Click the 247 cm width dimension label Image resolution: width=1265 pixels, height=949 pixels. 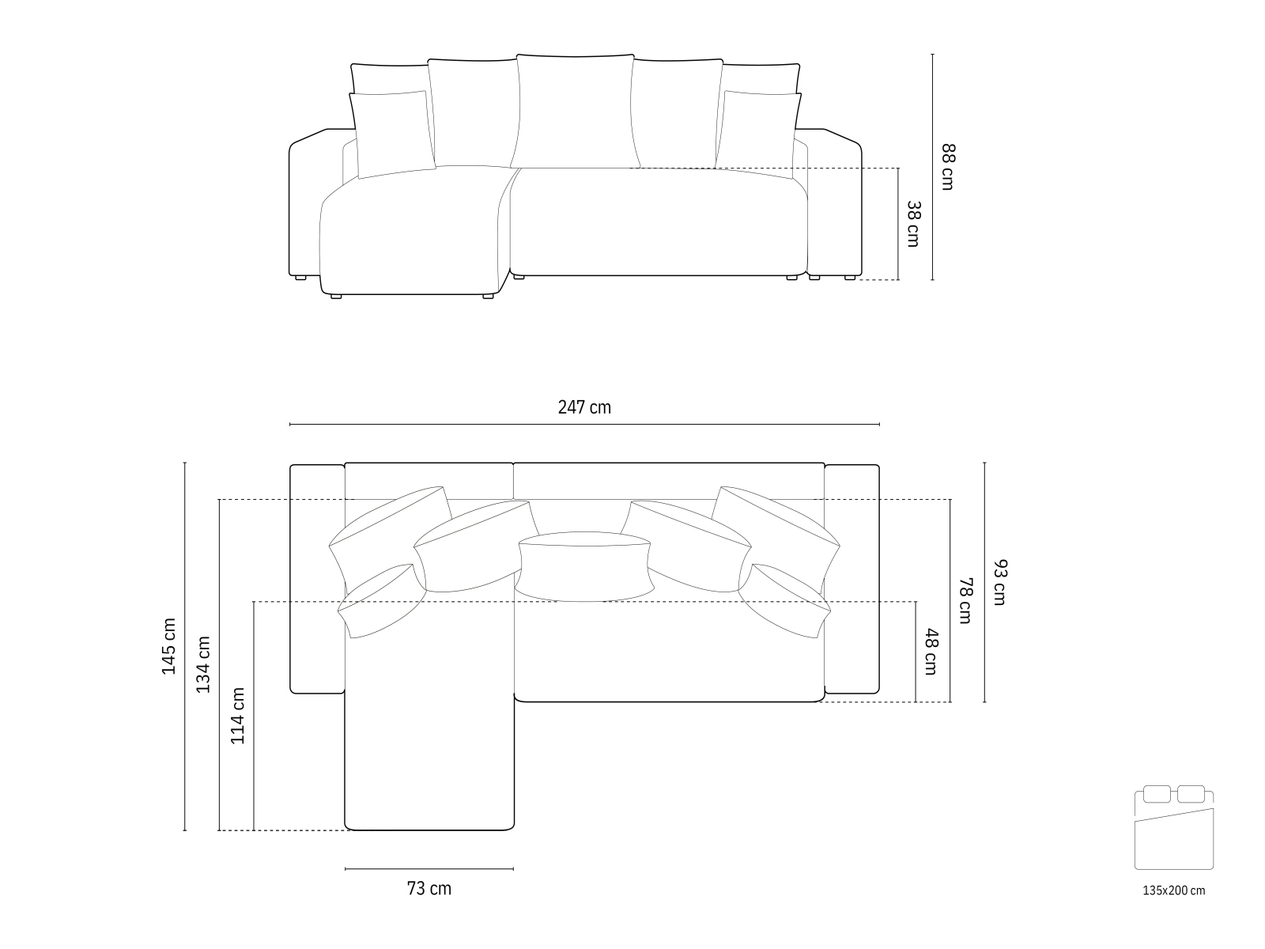583,407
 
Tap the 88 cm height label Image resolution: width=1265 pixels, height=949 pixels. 948,167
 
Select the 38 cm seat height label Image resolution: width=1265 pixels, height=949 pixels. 913,224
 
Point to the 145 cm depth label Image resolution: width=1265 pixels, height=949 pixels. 168,646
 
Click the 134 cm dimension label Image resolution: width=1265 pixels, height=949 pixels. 203,664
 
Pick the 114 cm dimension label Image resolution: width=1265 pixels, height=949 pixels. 237,716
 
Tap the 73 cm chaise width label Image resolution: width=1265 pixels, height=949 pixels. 429,888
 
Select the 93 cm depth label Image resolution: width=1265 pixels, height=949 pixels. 999,582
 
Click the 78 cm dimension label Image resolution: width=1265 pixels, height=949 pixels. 965,600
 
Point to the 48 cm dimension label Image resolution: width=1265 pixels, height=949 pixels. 931,651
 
